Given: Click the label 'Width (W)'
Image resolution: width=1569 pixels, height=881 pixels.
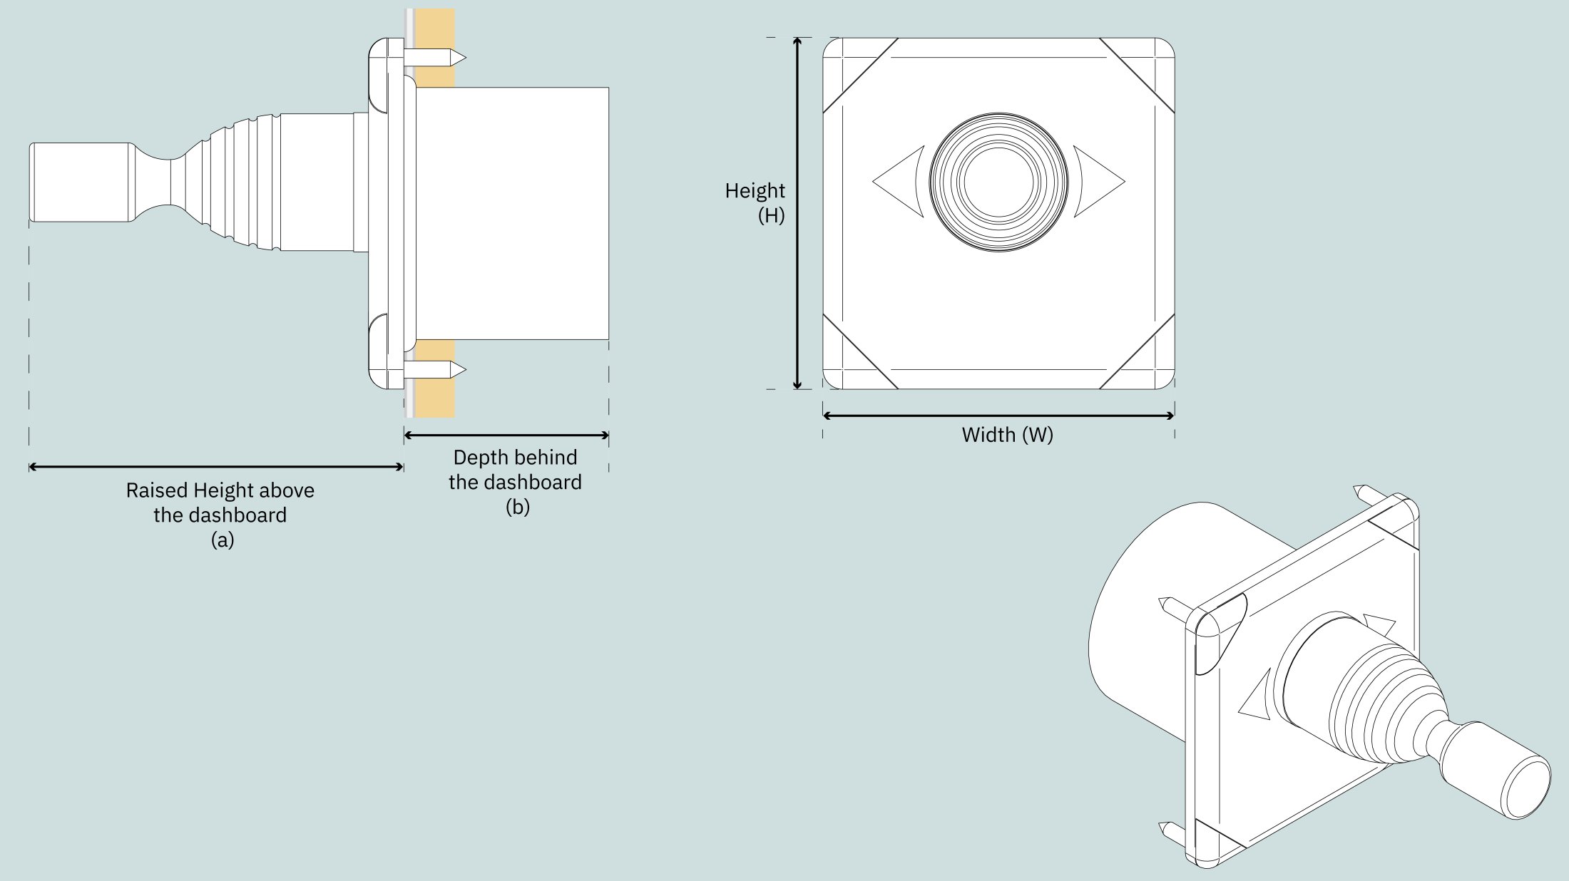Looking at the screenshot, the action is pos(1007,435).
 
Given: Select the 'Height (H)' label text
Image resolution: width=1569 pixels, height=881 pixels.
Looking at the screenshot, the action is pos(755,203).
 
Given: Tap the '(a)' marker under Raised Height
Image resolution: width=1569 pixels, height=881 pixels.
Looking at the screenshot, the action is pos(223,540).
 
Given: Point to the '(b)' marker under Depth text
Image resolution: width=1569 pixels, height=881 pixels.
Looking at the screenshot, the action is pos(518,508).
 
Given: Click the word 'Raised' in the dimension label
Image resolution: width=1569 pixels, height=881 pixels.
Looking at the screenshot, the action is pos(158,490).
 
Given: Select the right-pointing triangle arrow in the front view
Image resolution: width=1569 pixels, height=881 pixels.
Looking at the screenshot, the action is pos(1099,182).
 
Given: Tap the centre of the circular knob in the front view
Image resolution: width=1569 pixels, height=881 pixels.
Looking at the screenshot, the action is pos(998,182).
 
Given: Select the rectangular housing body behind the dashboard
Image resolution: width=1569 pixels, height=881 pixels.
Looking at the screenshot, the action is pos(511,213).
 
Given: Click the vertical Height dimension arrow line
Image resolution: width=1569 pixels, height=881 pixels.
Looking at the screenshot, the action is pos(798,213).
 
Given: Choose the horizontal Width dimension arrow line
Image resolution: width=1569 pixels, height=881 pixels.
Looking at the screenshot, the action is pos(998,416).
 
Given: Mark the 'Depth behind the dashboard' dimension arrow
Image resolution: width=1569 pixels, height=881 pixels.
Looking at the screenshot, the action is pos(506,435).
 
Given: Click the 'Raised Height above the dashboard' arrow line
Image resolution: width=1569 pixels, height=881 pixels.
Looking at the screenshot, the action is pos(216,467).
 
